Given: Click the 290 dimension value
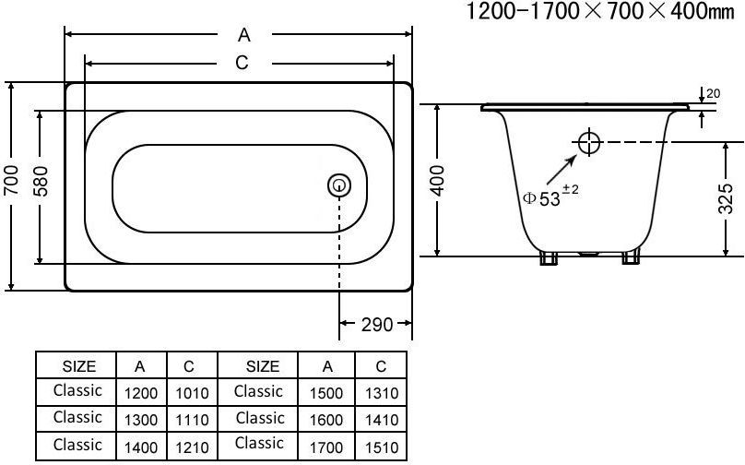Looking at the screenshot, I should pos(377,325).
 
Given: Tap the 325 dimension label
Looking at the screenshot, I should pos(726,198).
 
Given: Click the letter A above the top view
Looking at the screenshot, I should pos(243,35).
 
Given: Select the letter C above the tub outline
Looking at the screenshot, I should pos(242,63).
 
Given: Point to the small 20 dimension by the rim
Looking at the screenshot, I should pos(713,93).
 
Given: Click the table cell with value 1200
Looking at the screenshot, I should pos(139,393).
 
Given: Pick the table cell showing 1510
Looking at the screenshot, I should pos(381,448).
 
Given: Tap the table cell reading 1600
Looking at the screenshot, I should pos(327,421).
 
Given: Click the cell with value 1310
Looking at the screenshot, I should pos(381,393).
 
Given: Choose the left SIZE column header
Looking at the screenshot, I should pos(78,365).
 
